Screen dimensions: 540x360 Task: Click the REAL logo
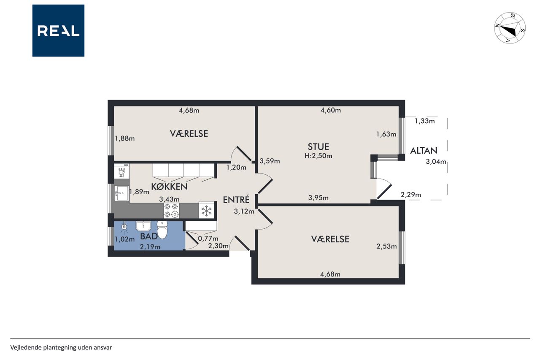[x=58, y=31]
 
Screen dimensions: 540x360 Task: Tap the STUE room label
[x=318, y=146]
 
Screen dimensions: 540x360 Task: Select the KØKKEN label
[x=169, y=187]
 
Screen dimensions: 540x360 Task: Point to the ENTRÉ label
[x=236, y=200]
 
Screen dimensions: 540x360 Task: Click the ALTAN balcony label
[x=424, y=151]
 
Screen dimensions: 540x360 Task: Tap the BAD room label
[x=149, y=236]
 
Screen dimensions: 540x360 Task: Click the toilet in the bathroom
[x=162, y=230]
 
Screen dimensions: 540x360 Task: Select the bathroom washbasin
[x=143, y=226]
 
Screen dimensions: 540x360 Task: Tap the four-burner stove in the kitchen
[x=171, y=211]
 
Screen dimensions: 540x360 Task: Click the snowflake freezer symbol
[x=206, y=211]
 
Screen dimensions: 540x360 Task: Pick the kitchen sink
[x=121, y=193]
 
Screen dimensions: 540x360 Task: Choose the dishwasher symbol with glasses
[x=121, y=171]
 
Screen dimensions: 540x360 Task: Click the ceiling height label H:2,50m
[x=318, y=156]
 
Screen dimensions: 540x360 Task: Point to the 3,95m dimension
[x=318, y=198]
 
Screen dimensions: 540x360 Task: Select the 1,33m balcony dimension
[x=424, y=121]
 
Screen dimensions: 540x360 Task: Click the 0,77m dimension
[x=208, y=238]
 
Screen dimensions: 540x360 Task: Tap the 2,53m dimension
[x=386, y=246]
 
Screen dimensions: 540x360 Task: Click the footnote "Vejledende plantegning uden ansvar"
[x=61, y=347]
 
